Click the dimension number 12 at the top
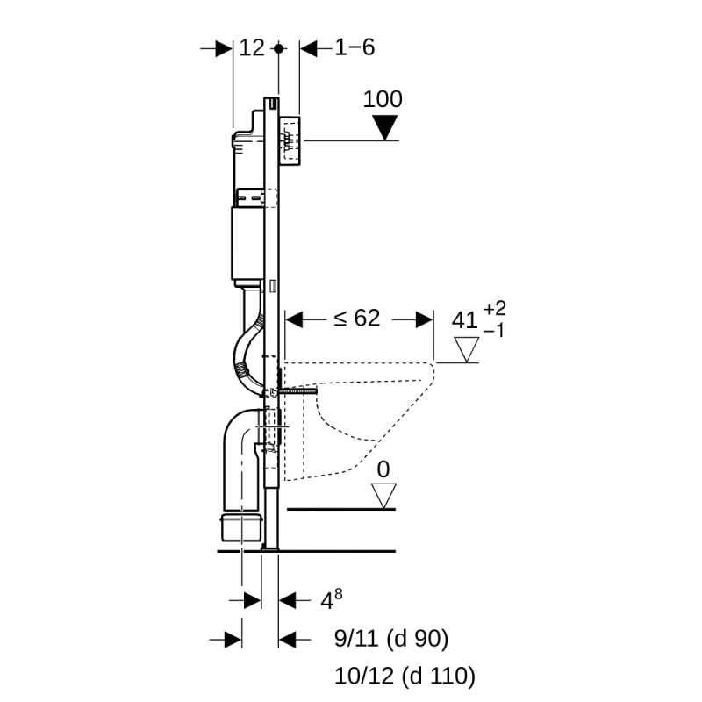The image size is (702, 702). coord(252,48)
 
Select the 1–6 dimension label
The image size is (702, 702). coord(355,48)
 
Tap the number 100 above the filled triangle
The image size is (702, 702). coord(383,99)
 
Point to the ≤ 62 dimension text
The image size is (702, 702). coord(356,319)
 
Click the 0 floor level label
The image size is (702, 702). coord(383,470)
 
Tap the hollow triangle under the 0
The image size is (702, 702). coord(383,496)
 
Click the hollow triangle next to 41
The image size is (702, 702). coord(464,351)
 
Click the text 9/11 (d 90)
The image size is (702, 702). coord(391,640)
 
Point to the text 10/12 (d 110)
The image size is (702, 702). coord(405,675)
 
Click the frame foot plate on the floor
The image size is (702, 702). coord(269,548)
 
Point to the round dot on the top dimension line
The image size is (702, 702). coord(279,48)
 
